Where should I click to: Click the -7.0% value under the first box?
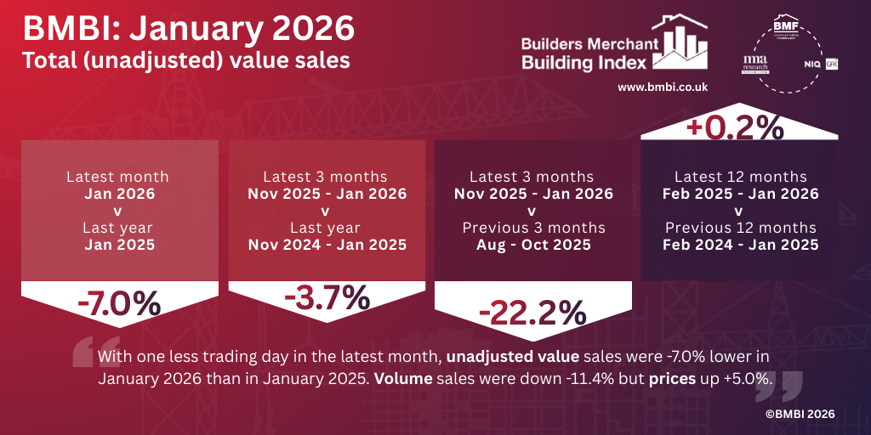(118, 302)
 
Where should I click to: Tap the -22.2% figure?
(532, 314)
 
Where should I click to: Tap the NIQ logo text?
(812, 65)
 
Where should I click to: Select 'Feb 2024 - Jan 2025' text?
(740, 245)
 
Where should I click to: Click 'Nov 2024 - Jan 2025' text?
(327, 245)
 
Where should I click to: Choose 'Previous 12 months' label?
(740, 228)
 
